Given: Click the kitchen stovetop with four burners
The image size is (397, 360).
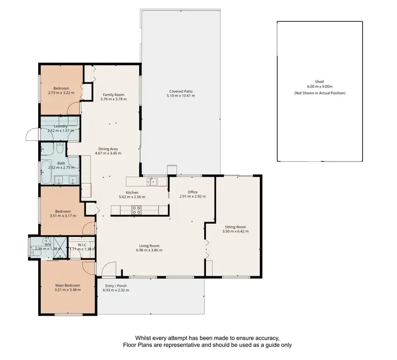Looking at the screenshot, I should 136,208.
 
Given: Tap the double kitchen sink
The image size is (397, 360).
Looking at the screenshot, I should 152,182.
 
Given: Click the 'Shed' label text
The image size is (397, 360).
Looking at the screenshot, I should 319,82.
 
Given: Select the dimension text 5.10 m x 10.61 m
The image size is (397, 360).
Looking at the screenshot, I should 181,96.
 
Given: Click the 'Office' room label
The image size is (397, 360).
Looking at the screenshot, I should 192,192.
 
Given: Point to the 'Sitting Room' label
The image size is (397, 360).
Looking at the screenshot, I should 235,226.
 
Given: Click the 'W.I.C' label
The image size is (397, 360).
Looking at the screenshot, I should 82,244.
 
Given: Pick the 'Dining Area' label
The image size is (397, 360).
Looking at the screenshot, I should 108,149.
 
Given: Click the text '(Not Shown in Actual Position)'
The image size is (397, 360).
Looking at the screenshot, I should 319,93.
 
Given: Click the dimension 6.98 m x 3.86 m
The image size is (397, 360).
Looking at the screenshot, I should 149,250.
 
